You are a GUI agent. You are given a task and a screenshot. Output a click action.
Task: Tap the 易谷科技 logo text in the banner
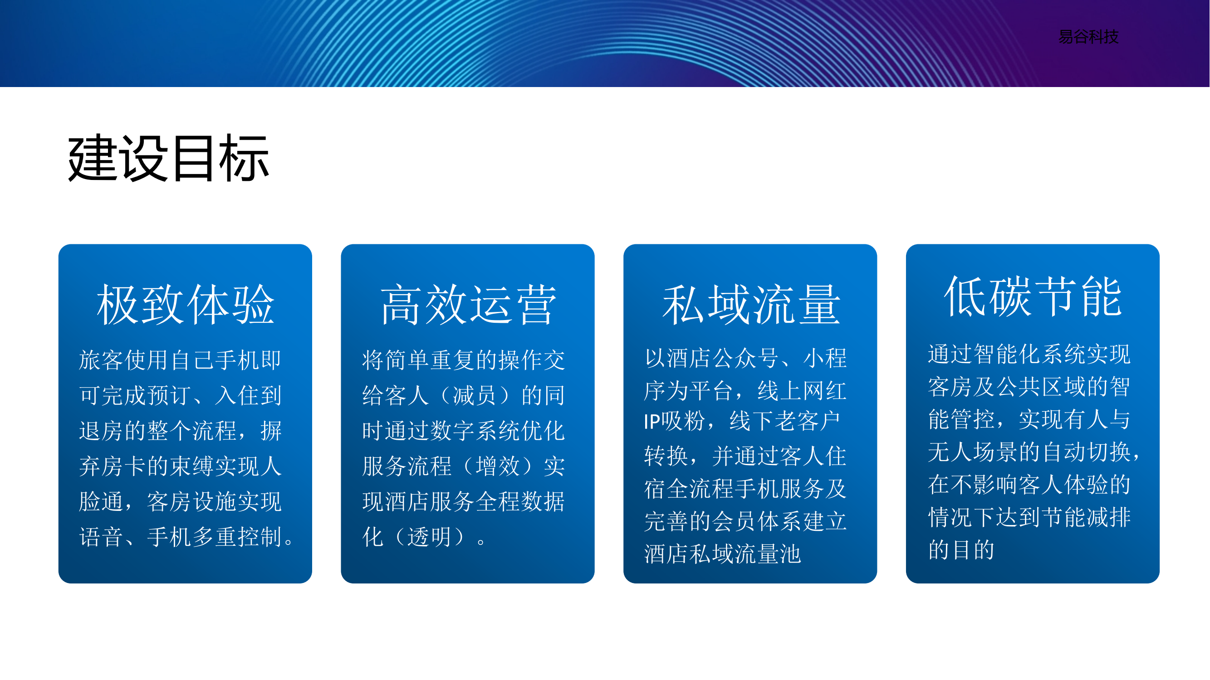pyautogui.click(x=1088, y=37)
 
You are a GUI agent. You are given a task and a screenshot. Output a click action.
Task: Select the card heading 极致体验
pyautogui.click(x=185, y=305)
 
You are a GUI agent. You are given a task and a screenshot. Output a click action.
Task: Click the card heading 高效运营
pyautogui.click(x=468, y=305)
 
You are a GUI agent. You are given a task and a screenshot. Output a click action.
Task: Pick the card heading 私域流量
pyautogui.click(x=750, y=305)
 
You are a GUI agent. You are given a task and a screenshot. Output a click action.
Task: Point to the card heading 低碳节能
pyautogui.click(x=1033, y=296)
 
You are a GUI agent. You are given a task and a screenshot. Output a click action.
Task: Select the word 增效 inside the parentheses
pyautogui.click(x=498, y=466)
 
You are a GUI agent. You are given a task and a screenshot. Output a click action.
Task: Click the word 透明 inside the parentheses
pyautogui.click(x=429, y=537)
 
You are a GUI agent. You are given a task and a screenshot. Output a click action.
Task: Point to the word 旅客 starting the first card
pyautogui.click(x=101, y=360)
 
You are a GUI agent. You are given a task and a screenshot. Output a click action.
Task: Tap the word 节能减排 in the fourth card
pyautogui.click(x=1087, y=517)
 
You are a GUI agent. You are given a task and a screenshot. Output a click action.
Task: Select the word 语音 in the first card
pyautogui.click(x=101, y=537)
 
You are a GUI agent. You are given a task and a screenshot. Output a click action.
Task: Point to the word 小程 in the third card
pyautogui.click(x=825, y=358)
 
